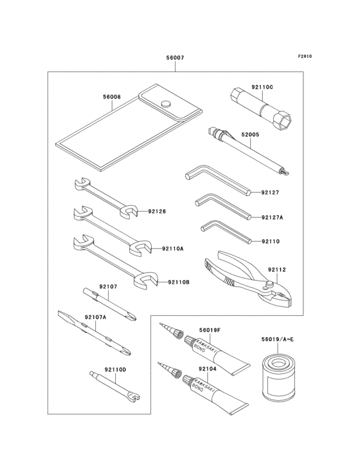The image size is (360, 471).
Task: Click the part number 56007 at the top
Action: point(175,58)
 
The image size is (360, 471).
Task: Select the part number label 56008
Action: point(111,97)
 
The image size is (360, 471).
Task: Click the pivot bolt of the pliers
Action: point(272,282)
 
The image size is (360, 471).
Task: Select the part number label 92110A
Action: point(173,248)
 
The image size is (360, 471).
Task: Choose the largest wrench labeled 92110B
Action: point(119,261)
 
